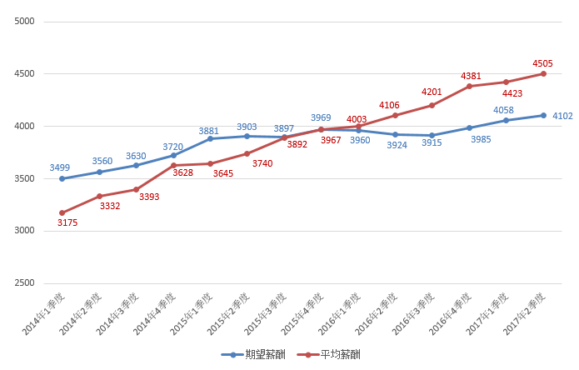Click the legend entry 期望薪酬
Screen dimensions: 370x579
251,354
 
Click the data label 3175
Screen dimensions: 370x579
67,222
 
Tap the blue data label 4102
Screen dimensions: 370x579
563,116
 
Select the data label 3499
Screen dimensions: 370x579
60,167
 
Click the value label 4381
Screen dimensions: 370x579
472,76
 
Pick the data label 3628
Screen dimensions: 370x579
183,172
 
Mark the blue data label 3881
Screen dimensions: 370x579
209,131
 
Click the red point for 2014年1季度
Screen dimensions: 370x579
62,212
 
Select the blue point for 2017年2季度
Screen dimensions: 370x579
543,115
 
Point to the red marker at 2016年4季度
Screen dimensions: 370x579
469,86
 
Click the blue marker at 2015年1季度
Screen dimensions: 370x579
210,138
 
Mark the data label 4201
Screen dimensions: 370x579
431,92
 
